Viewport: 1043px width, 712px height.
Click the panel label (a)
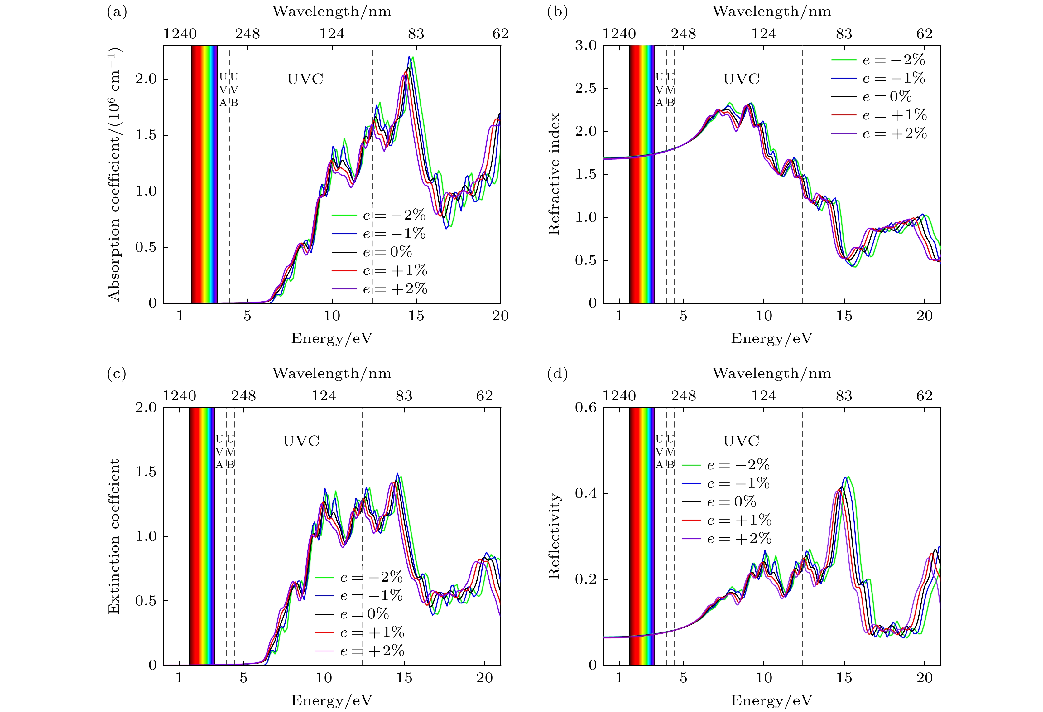117,12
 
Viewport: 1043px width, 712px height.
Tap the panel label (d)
557,374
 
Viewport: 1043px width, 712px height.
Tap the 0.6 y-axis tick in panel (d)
586,408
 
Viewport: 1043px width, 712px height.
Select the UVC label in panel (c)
301,441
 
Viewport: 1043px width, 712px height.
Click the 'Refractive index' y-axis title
555,174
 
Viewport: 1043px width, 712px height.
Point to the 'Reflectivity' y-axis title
555,536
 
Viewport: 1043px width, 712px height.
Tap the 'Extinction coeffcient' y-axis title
114,536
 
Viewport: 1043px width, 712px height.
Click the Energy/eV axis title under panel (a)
332,338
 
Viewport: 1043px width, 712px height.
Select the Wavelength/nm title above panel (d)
771,374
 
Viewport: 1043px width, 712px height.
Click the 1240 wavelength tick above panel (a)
180,34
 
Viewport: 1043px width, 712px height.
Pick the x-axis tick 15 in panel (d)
844,678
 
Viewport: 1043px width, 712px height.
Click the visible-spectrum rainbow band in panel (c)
202,536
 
